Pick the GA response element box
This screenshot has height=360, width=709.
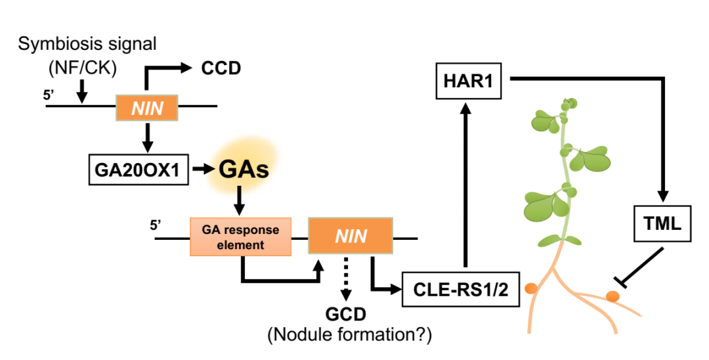point(240,236)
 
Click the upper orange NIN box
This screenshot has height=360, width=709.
point(147,106)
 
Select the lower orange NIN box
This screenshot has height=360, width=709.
point(351,236)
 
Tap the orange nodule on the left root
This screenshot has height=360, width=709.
point(528,288)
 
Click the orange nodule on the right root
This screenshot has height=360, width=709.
point(611,297)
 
